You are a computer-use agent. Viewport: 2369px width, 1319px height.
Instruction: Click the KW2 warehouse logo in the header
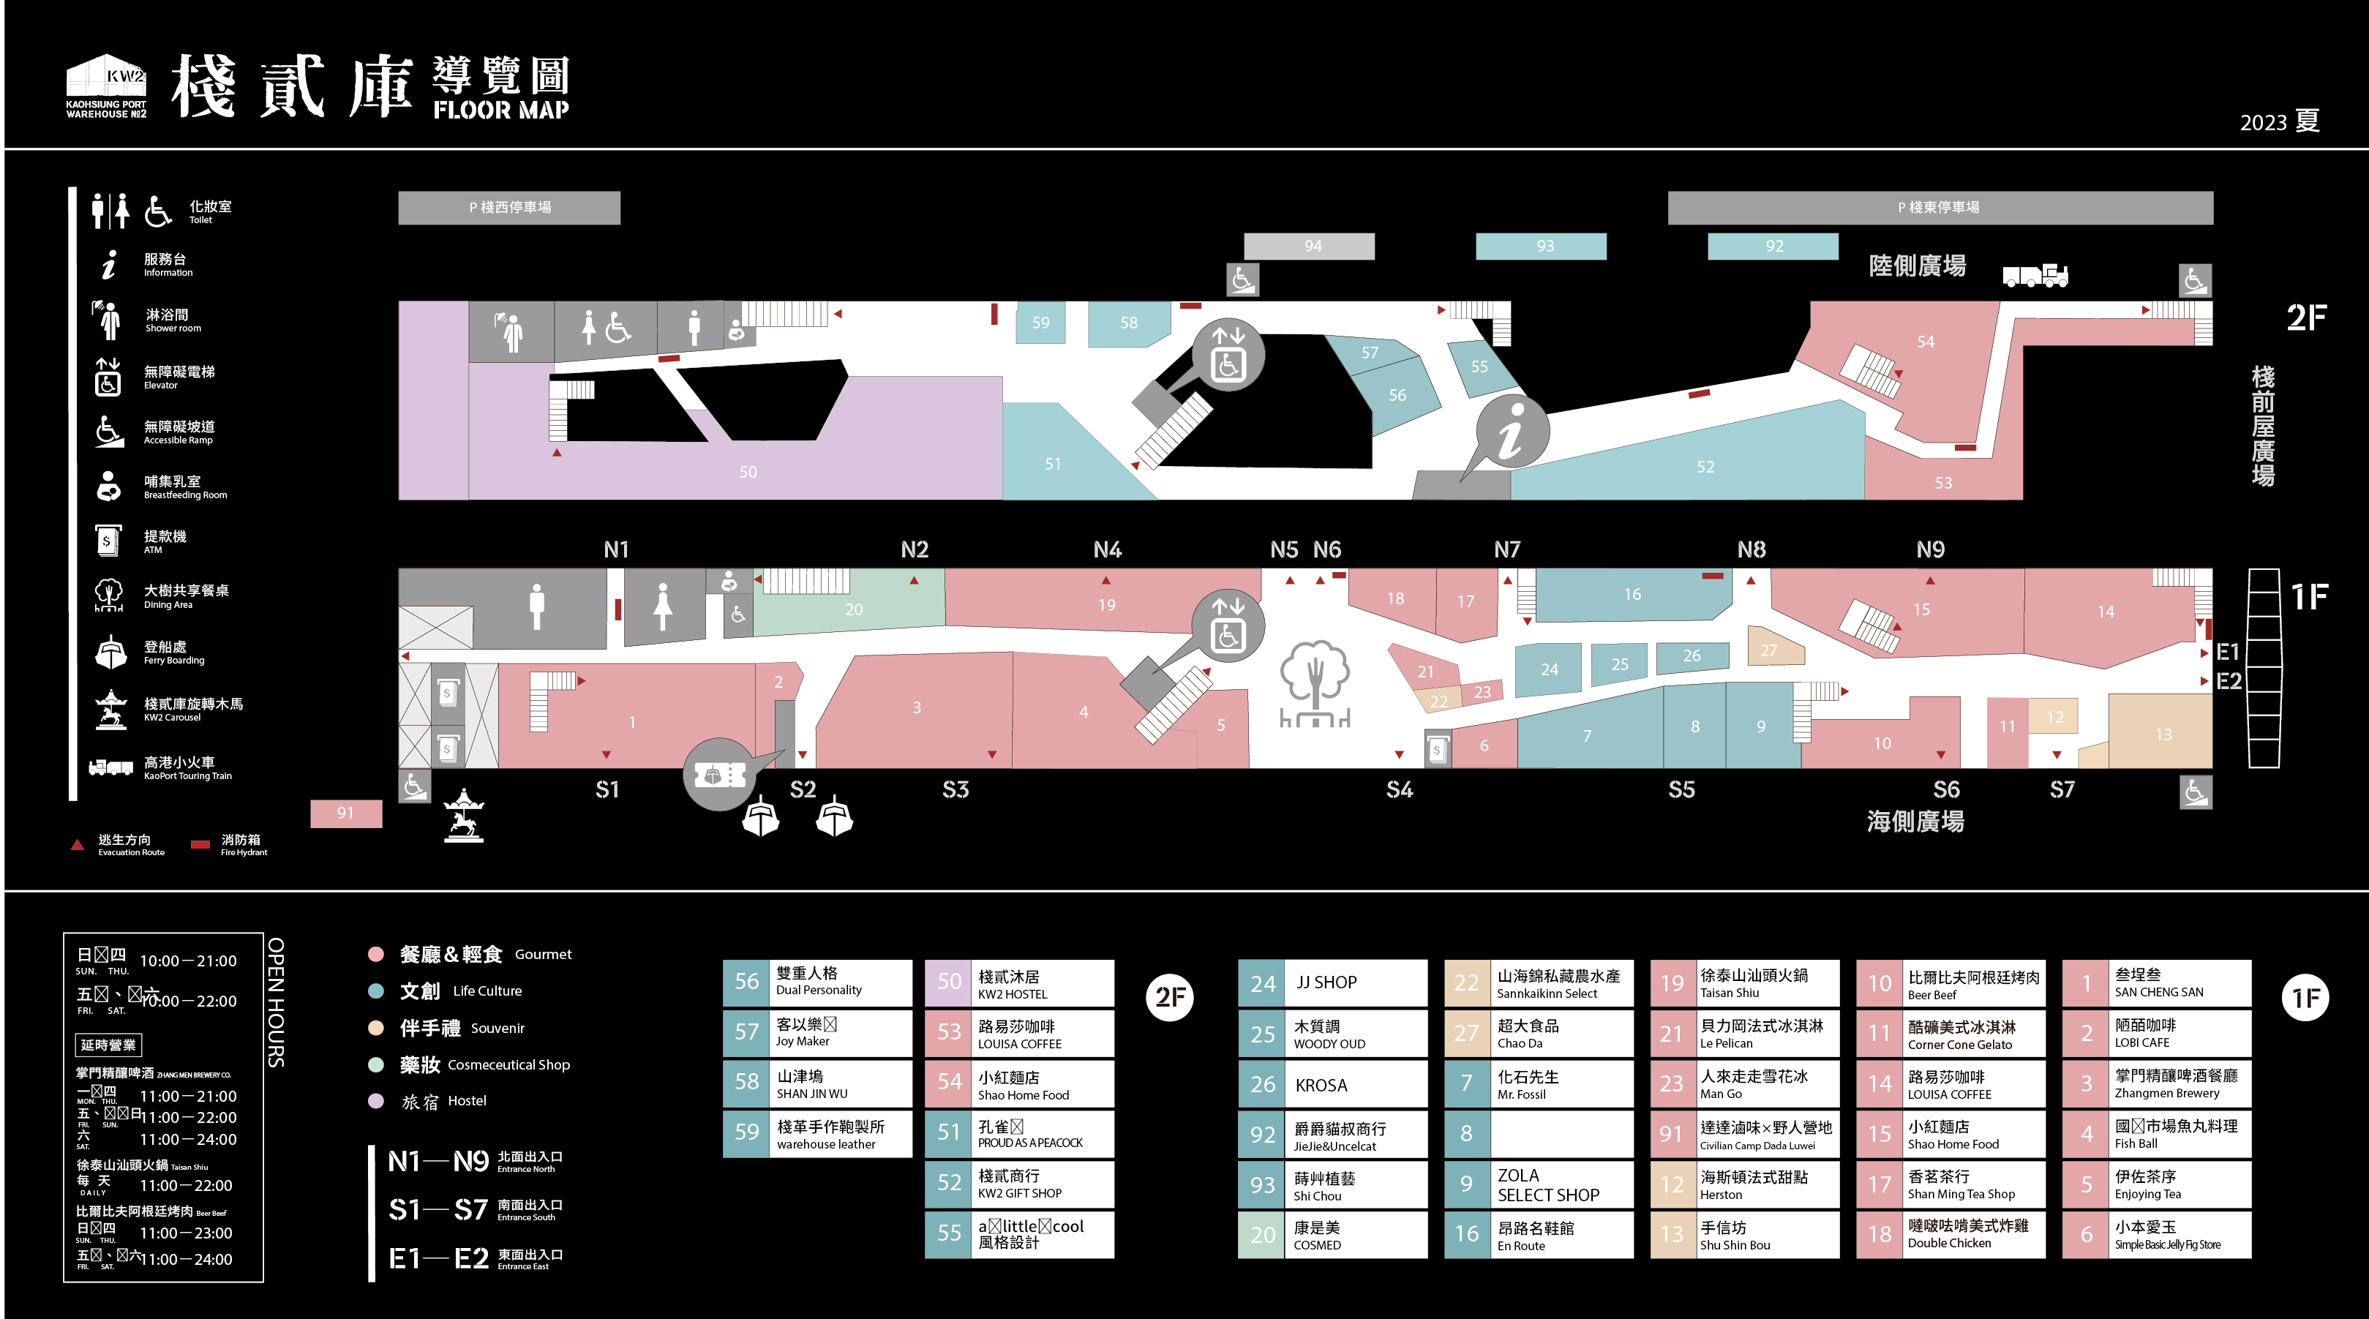106,86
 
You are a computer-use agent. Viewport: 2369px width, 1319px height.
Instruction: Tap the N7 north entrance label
1506,550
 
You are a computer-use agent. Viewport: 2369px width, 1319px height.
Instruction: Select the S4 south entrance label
1399,790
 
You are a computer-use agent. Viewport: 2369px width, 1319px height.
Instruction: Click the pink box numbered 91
346,813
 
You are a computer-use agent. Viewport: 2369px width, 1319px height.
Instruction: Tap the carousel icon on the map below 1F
464,815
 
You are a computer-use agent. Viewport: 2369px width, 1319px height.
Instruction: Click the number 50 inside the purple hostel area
748,472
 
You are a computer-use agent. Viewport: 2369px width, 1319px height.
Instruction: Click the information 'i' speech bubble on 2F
1511,432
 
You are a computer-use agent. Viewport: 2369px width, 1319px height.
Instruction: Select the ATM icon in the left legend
108,541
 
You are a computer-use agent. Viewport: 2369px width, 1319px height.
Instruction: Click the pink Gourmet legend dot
375,954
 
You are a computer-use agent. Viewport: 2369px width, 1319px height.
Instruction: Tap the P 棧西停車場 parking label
509,208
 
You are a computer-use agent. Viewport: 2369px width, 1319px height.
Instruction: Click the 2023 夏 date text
2279,121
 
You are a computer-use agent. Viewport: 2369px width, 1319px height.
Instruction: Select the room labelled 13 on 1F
2163,734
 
